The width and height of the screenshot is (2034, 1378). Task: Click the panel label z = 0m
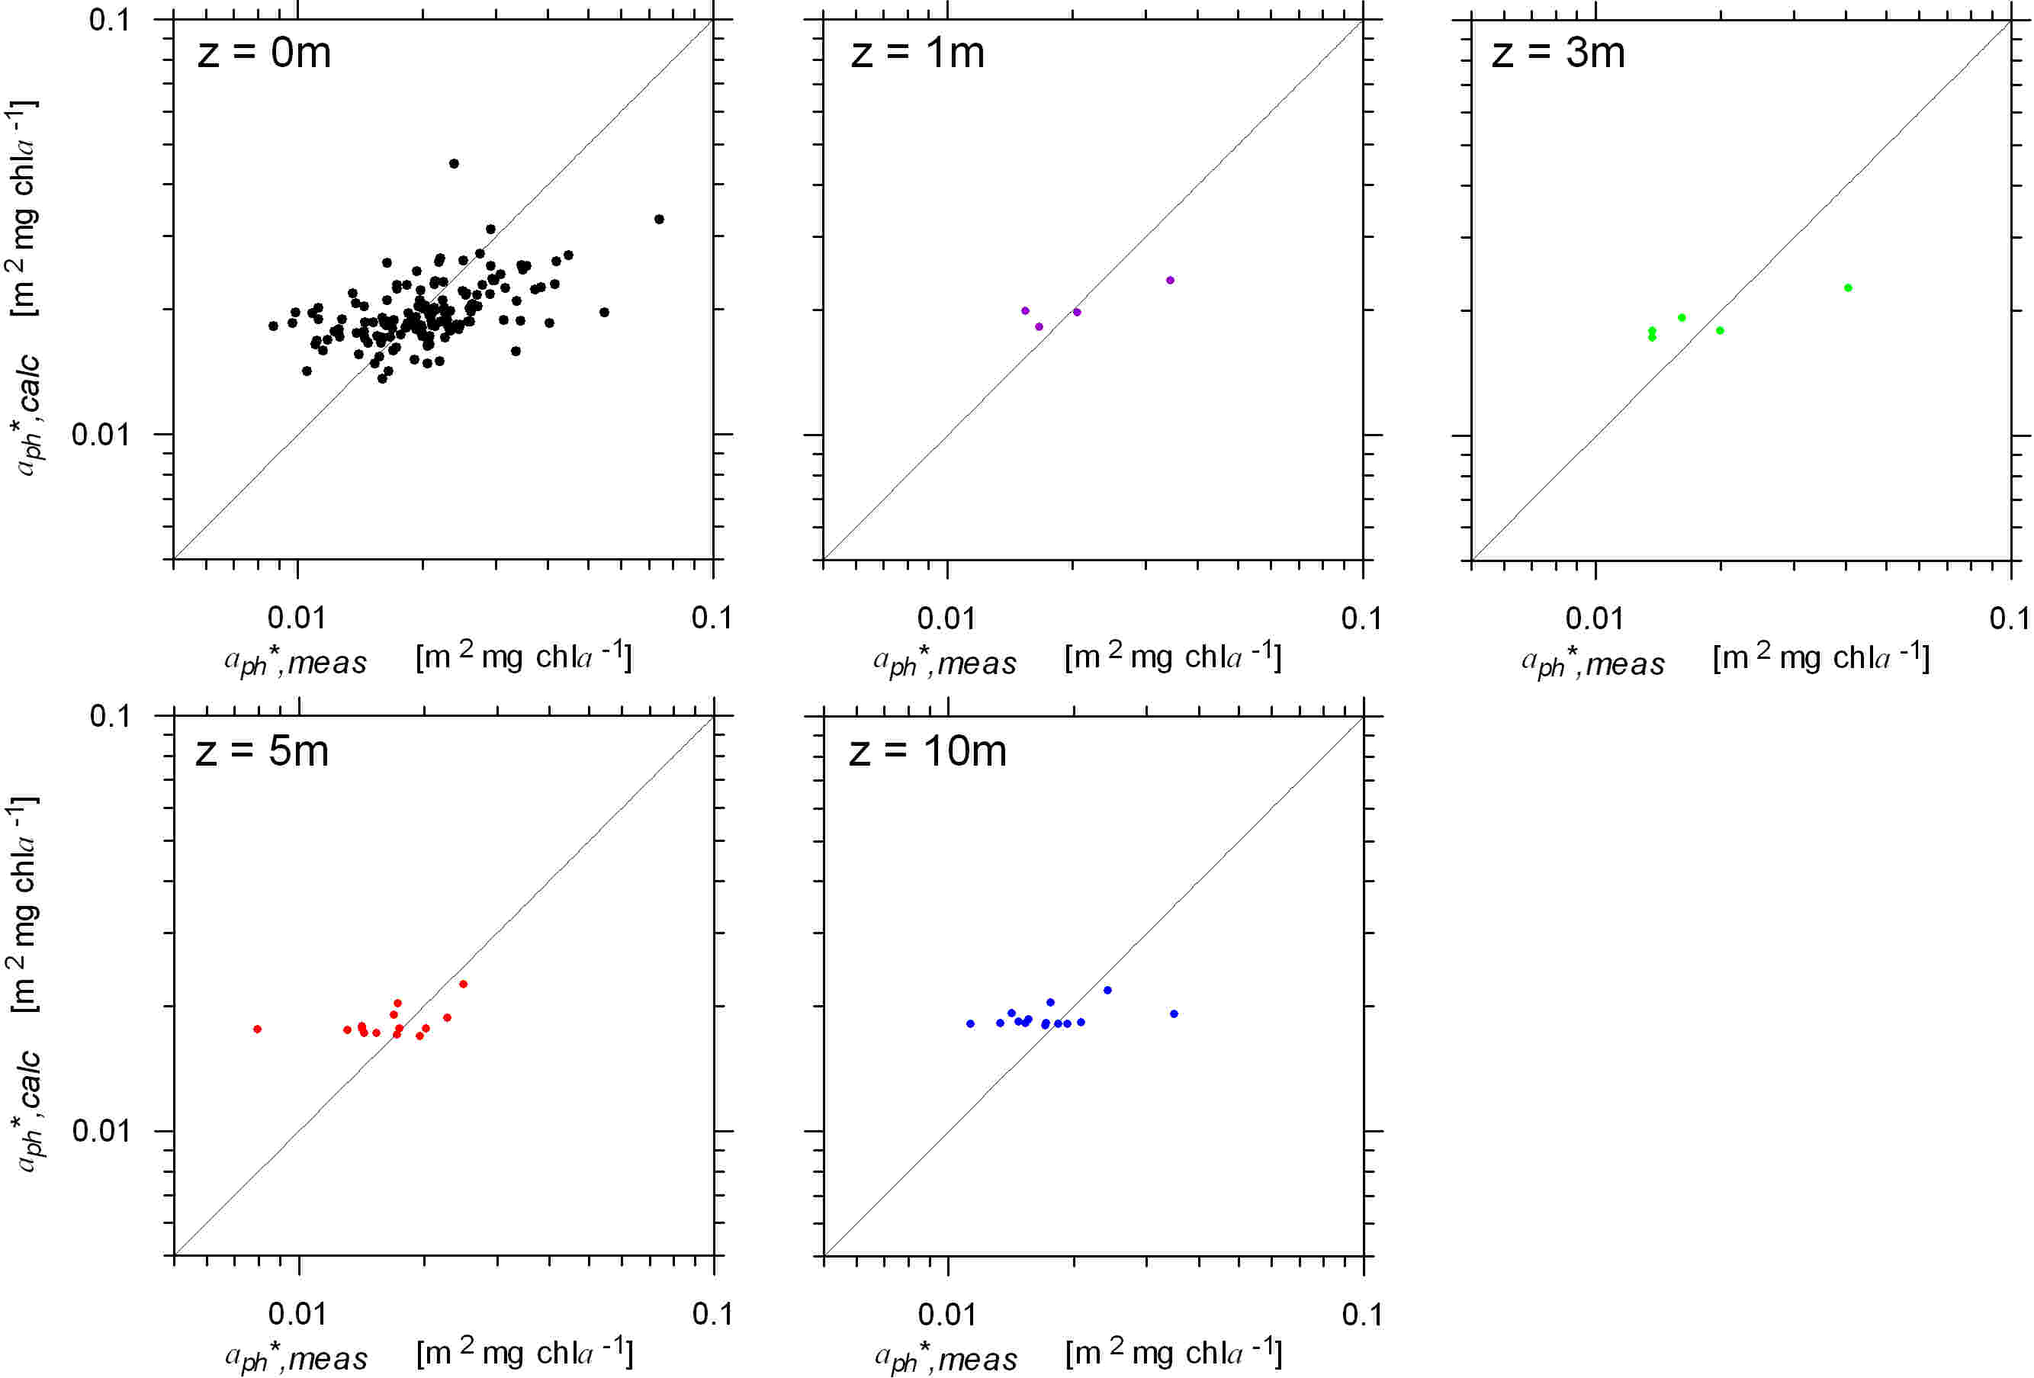pyautogui.click(x=265, y=53)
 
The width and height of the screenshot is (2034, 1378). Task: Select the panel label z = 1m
pyautogui.click(x=917, y=53)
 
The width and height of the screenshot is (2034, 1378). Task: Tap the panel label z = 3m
pyautogui.click(x=1558, y=53)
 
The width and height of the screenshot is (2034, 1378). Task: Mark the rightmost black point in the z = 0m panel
pyautogui.click(x=659, y=220)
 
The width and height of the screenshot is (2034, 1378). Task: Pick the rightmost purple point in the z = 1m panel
pyautogui.click(x=1170, y=280)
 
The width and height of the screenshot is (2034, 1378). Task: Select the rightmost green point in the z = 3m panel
pyautogui.click(x=1848, y=287)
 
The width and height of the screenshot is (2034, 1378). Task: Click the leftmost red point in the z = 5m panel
pyautogui.click(x=257, y=1029)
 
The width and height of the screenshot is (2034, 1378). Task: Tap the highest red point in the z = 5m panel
pyautogui.click(x=463, y=985)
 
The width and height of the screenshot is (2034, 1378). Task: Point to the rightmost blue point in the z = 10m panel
pyautogui.click(x=1174, y=1014)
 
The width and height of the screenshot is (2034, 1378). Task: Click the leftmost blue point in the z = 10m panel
pyautogui.click(x=970, y=1023)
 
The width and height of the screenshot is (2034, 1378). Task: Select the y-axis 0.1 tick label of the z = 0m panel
pyautogui.click(x=109, y=19)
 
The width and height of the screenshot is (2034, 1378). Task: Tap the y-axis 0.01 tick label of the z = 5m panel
pyautogui.click(x=101, y=1130)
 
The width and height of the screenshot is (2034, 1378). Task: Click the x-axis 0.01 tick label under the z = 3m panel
pyautogui.click(x=1594, y=618)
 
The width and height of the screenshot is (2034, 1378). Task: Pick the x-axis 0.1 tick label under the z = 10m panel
pyautogui.click(x=1362, y=1314)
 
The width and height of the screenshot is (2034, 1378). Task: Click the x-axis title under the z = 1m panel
pyautogui.click(x=1078, y=659)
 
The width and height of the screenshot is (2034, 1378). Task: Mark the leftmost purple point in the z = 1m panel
pyautogui.click(x=1025, y=310)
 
